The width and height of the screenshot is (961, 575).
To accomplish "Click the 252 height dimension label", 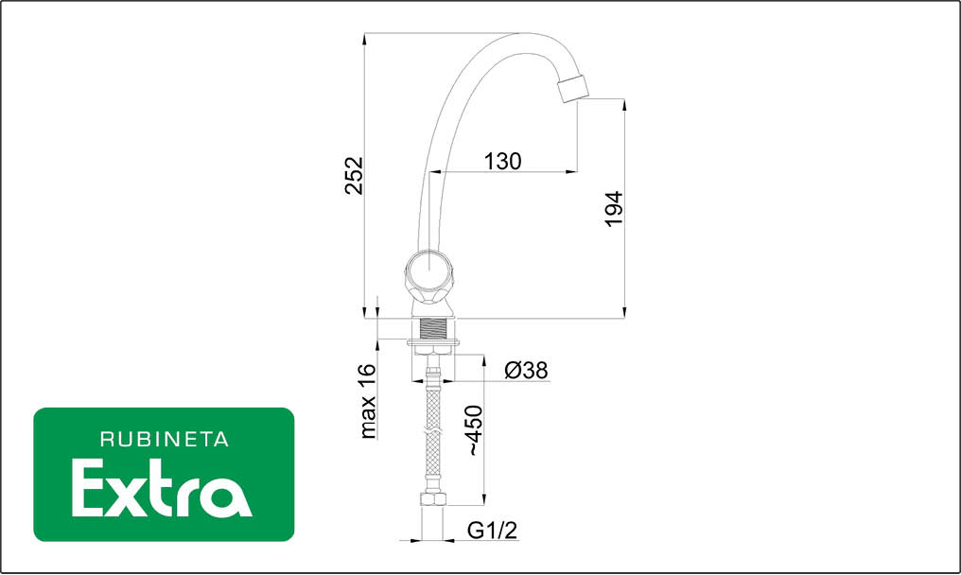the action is (355, 175).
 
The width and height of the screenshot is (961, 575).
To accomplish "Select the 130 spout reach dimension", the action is (502, 161).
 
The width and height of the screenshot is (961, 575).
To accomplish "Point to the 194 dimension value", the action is (614, 208).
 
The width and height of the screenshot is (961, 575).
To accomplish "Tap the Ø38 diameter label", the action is (526, 371).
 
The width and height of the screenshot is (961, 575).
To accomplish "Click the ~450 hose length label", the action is (475, 430).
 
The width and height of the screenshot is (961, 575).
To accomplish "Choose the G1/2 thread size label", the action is (492, 530).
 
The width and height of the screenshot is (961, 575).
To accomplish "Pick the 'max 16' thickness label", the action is (367, 401).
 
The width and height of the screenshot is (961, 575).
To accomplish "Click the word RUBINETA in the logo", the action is (165, 439).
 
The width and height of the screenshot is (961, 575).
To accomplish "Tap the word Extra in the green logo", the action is (162, 489).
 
